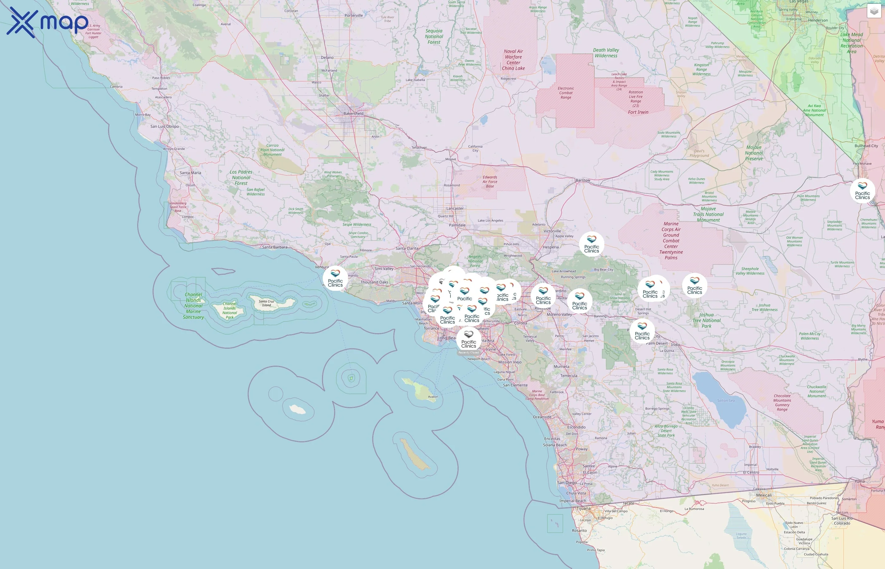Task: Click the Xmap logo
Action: [47, 22]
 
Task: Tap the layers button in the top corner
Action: [874, 11]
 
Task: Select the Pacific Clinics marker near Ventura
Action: [335, 278]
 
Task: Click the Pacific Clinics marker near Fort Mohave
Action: [862, 191]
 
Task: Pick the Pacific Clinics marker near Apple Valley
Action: [591, 244]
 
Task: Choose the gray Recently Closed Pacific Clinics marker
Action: [468, 339]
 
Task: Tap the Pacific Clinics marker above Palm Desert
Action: [642, 331]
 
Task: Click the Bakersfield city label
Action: [353, 113]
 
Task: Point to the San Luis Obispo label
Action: [164, 126]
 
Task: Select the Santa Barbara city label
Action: [274, 247]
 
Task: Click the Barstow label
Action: [583, 180]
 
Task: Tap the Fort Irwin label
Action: [638, 112]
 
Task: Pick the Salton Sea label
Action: [725, 401]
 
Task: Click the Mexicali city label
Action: [764, 495]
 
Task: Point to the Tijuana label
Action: [583, 508]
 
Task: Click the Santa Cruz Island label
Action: [266, 303]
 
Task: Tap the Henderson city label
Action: [818, 20]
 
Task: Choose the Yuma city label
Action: [859, 481]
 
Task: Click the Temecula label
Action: [568, 376]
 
